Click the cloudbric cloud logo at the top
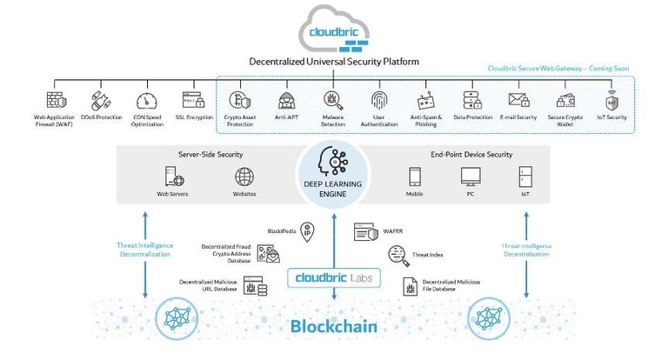click(x=334, y=30)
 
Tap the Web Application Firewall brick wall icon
click(x=57, y=101)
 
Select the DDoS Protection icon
click(x=102, y=101)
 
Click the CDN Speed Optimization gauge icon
click(x=147, y=101)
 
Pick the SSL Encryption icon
click(x=193, y=100)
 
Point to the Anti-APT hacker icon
click(x=286, y=101)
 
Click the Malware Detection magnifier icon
click(x=333, y=101)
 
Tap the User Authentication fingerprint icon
click(x=378, y=101)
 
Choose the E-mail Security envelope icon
click(x=519, y=100)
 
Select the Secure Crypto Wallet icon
click(x=565, y=101)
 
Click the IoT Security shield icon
click(x=611, y=100)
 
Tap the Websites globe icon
click(x=244, y=177)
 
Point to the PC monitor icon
click(x=471, y=177)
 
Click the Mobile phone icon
click(x=415, y=177)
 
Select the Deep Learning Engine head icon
click(x=333, y=161)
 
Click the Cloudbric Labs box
click(x=334, y=277)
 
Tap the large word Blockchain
click(x=334, y=327)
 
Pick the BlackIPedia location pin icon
click(x=307, y=232)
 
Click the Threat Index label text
click(x=427, y=255)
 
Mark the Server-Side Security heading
click(x=210, y=154)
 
